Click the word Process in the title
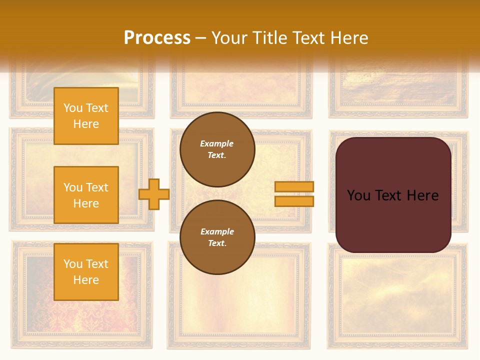click(157, 38)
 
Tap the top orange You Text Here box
click(86, 116)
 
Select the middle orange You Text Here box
click(86, 195)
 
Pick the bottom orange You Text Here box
click(86, 271)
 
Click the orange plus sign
click(154, 194)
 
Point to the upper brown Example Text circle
click(217, 149)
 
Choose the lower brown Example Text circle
click(217, 237)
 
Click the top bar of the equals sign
click(294, 186)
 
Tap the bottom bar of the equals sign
click(294, 201)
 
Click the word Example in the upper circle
click(217, 143)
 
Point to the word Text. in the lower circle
click(217, 243)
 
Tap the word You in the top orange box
click(73, 108)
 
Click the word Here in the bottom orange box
click(86, 280)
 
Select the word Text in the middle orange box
click(97, 187)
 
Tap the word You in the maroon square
click(358, 195)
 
